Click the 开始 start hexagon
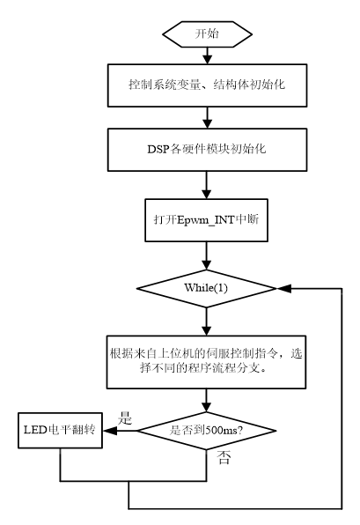(207, 34)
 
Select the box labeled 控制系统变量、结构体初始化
(207, 85)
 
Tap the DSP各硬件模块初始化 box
(207, 150)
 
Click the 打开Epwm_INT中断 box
(207, 220)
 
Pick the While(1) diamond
(207, 288)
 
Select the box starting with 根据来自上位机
(206, 362)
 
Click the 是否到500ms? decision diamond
(207, 431)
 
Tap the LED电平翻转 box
(60, 430)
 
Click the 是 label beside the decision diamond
(125, 418)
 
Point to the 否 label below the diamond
(224, 457)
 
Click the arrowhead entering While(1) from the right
(284, 288)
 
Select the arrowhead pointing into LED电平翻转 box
(110, 431)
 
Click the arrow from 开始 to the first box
(208, 55)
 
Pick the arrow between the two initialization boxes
(208, 118)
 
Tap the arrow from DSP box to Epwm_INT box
(207, 185)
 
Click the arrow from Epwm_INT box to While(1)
(207, 255)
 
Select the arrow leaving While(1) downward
(207, 322)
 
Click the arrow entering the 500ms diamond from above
(207, 401)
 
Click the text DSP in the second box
(158, 149)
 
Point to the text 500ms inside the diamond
(221, 430)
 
